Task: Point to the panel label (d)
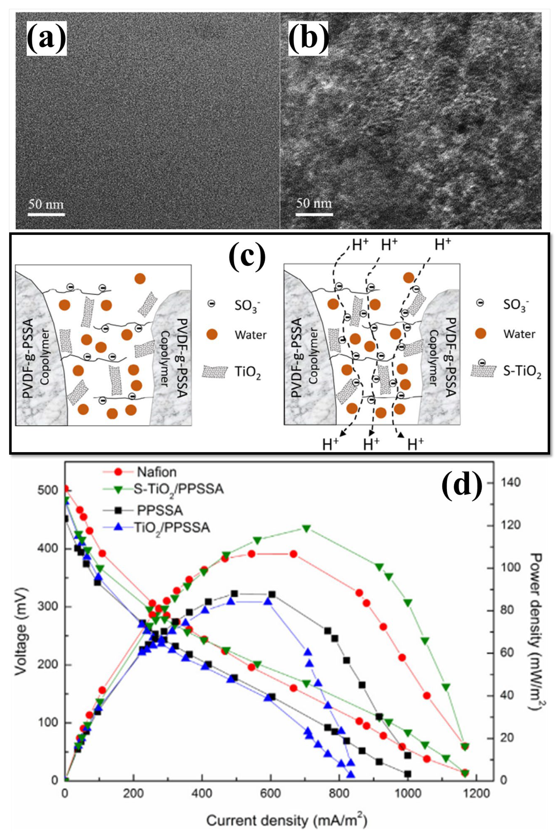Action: [462, 486]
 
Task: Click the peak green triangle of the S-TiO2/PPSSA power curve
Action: [306, 528]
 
